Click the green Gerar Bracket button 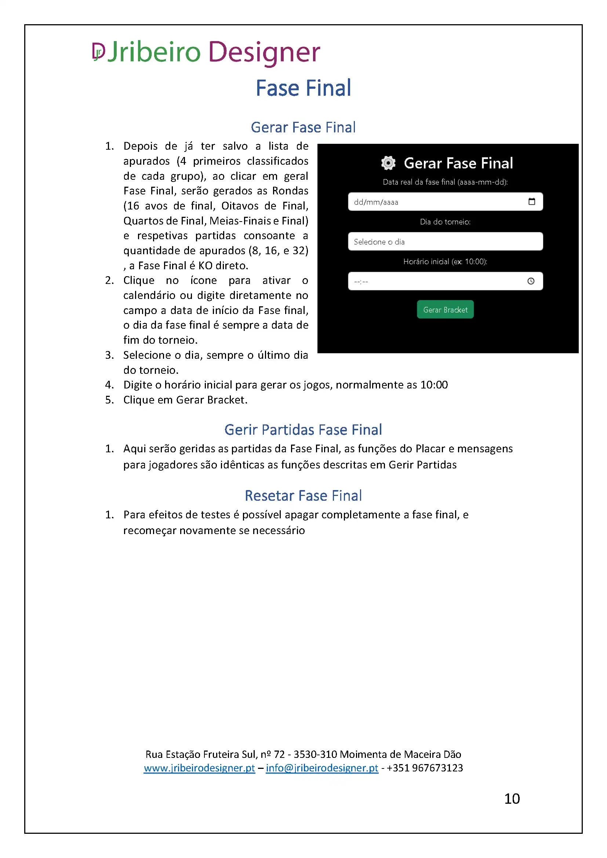(445, 310)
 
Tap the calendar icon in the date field (531, 202)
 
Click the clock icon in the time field (531, 281)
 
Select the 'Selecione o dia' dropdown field (445, 241)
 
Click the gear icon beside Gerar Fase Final (388, 163)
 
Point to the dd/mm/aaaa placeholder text (376, 202)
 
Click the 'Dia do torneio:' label (445, 222)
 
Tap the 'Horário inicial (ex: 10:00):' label (445, 262)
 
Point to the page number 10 (512, 799)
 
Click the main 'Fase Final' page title (303, 88)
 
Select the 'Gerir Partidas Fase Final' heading (303, 430)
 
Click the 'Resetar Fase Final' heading (303, 496)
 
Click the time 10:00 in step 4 (434, 385)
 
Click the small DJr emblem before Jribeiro (98, 51)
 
